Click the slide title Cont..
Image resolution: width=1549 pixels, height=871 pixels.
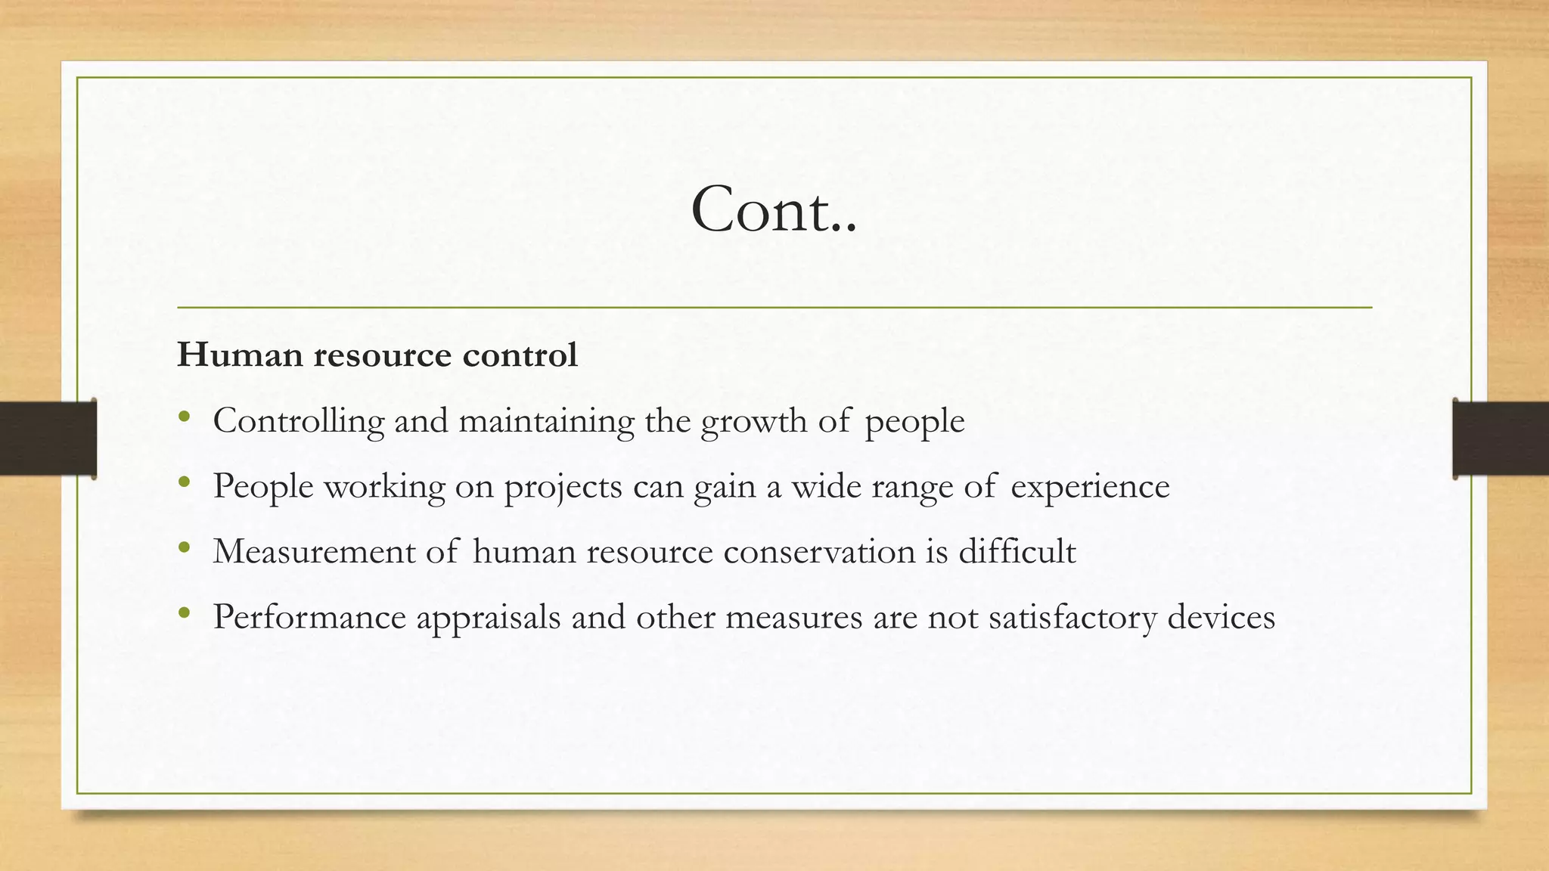774,209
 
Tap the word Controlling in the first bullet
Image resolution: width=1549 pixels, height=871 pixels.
298,421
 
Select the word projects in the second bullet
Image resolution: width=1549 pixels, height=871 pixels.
563,486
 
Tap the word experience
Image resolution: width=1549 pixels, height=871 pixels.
1090,486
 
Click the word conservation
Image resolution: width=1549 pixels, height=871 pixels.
819,552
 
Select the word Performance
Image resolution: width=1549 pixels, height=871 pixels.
309,617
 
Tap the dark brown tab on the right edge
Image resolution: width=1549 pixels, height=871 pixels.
1501,439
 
